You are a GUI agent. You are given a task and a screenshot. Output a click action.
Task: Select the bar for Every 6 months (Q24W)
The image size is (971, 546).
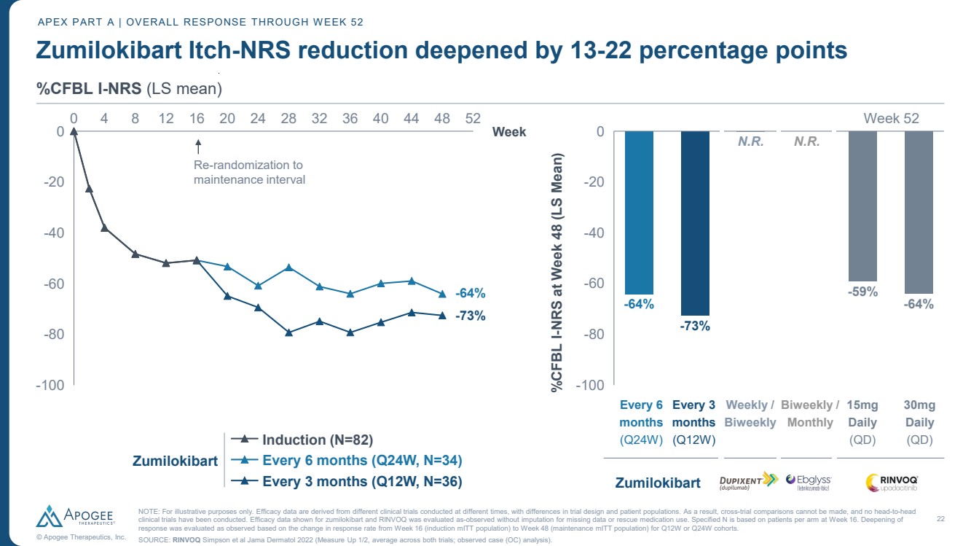639,212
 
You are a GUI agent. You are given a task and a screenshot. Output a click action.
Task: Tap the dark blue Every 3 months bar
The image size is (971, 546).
695,223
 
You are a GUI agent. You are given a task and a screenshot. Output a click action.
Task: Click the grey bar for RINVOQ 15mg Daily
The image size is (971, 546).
862,206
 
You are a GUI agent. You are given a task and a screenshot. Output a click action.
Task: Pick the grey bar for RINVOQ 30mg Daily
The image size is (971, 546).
919,212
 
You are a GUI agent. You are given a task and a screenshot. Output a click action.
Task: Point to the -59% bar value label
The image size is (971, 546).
862,291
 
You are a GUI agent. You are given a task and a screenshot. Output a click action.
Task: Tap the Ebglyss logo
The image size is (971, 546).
809,481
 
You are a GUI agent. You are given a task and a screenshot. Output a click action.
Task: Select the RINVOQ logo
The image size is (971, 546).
892,482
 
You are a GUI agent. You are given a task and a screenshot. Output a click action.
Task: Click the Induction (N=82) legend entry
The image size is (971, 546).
317,440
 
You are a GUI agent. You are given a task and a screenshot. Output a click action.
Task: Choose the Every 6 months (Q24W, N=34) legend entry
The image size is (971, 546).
361,461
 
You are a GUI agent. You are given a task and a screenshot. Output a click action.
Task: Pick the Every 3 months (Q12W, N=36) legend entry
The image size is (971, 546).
361,481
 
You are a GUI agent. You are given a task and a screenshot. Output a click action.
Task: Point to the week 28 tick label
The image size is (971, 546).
288,118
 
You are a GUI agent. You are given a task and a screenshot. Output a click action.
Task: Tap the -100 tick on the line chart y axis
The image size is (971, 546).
50,385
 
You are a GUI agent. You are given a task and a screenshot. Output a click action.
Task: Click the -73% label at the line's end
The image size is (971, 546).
471,316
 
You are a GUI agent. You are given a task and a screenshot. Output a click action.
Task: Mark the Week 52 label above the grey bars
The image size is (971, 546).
891,118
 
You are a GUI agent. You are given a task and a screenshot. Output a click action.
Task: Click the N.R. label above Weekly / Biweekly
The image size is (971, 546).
751,142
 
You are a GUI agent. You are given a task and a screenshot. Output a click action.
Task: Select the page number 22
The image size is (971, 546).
940,518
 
